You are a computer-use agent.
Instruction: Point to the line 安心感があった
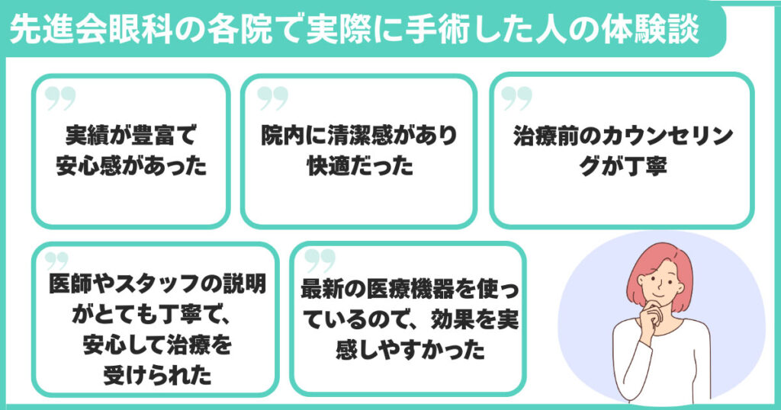[x=130, y=165]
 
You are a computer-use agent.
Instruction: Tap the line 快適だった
[x=358, y=165]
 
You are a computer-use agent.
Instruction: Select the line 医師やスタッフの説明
[x=157, y=283]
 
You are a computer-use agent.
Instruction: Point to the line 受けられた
[x=157, y=375]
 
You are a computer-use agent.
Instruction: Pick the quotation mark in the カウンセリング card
[x=518, y=98]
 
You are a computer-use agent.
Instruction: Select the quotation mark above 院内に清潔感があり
[x=272, y=98]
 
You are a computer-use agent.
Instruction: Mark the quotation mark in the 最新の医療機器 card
[x=320, y=259]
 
